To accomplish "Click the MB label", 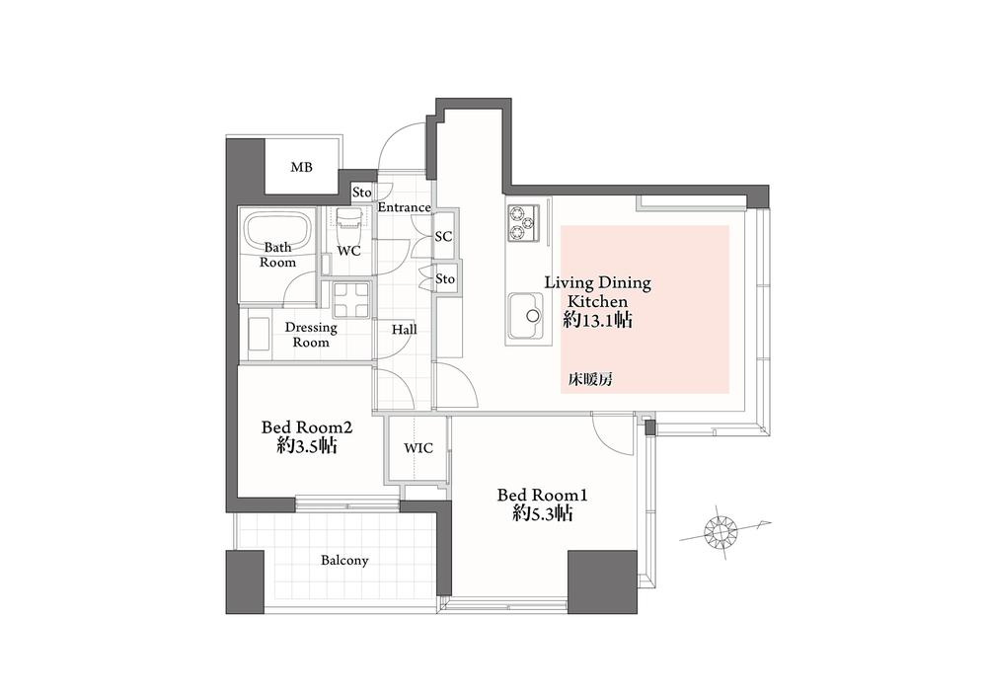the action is pos(301,167).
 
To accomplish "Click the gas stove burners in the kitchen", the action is pos(522,222).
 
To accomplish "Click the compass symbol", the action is pos(721,532).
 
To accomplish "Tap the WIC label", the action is pos(418,448).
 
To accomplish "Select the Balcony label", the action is pos(344,561).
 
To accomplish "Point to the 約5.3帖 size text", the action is pos(544,514).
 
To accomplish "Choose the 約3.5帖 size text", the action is pos(307,445).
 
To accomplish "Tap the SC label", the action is pos(443,237).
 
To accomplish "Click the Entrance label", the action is pos(404,207).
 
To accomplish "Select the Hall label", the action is pos(404,330).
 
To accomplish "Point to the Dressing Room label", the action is pos(311,335).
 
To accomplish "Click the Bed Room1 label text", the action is pos(543,495).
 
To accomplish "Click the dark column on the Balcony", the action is pos(245,581).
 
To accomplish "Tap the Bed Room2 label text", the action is pos(307,427).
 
